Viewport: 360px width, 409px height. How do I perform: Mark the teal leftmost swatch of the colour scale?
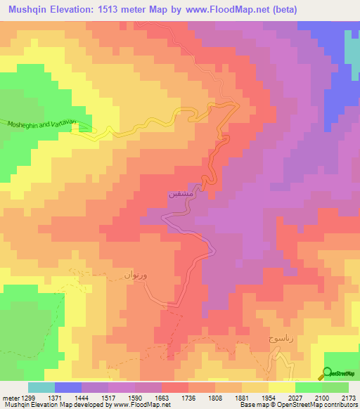(41, 388)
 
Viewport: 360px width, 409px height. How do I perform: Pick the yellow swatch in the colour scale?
(281, 388)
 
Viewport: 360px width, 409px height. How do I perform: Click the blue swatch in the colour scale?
(68, 388)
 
